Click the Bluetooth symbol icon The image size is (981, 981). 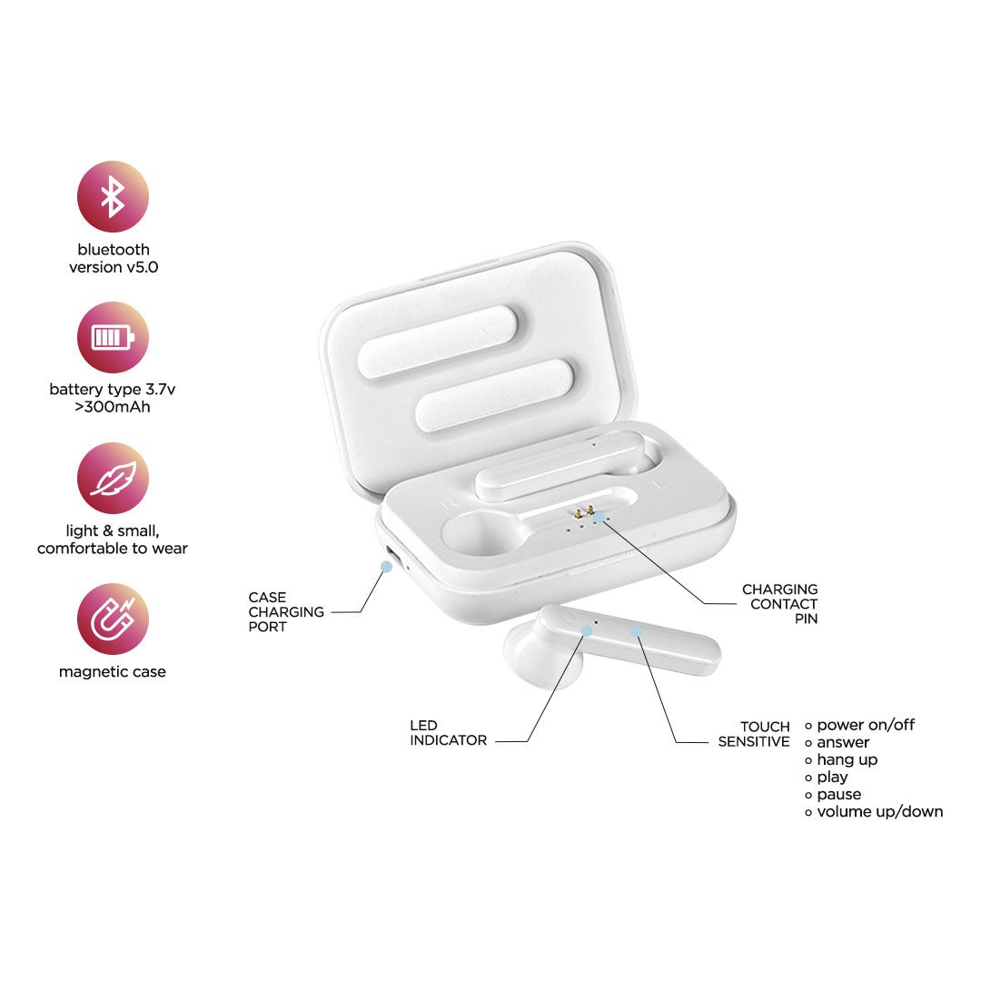pos(113,196)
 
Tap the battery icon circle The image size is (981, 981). pos(113,338)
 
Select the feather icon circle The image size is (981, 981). pos(113,479)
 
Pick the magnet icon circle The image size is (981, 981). pos(113,619)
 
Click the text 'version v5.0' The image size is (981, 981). pos(114,267)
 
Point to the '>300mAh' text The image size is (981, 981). pos(113,407)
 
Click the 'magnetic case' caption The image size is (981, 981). pos(113,672)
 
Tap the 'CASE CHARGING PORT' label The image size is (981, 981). pos(286,612)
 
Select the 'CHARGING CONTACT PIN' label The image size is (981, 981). pos(780,604)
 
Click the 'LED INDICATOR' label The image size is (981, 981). pos(448,733)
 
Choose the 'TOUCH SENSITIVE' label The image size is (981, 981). pos(754,734)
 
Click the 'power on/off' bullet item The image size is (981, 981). pos(860,725)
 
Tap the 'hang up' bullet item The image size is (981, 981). pos(841,760)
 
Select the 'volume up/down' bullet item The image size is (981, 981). pos(874,812)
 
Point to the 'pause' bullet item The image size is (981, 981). pos(833,795)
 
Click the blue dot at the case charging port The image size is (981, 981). pos(387,567)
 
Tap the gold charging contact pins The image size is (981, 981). pos(584,511)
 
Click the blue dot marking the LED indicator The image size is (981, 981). pos(587,630)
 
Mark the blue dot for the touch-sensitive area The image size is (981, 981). pos(636,630)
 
